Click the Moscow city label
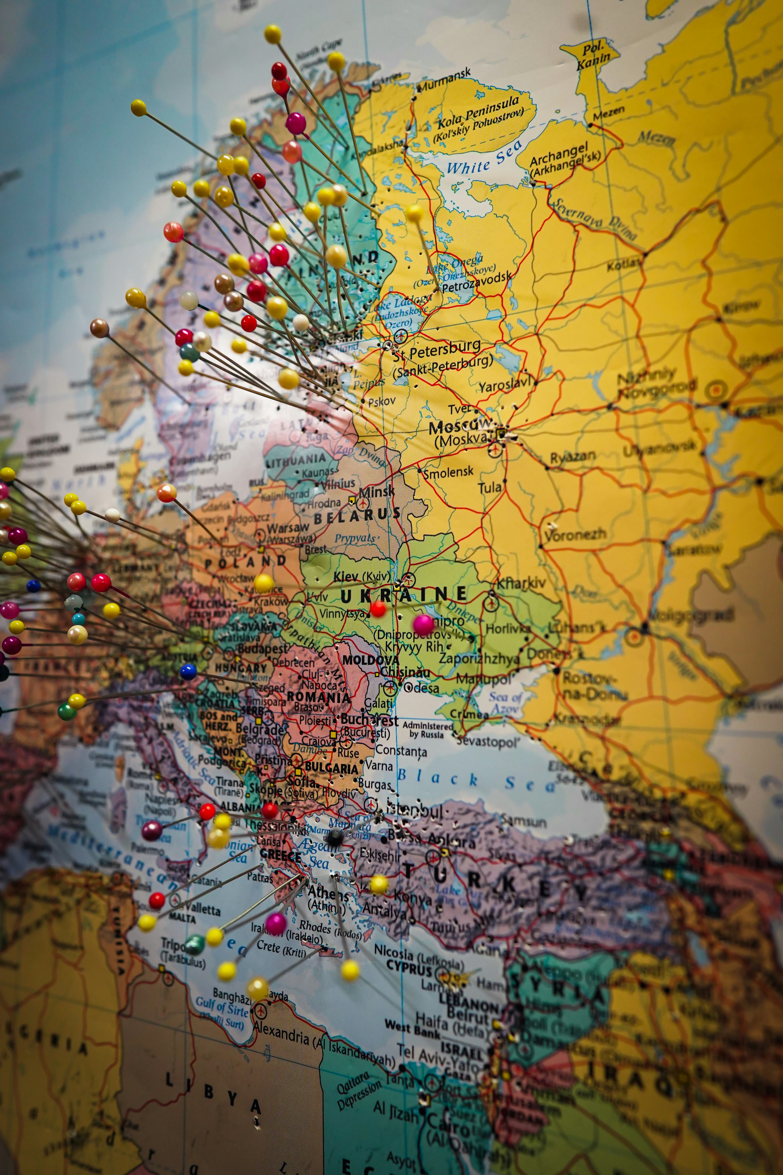pyautogui.click(x=459, y=427)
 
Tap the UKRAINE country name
pyautogui.click(x=403, y=595)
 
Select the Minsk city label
pyautogui.click(x=376, y=492)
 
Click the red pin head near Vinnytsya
pyautogui.click(x=378, y=608)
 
